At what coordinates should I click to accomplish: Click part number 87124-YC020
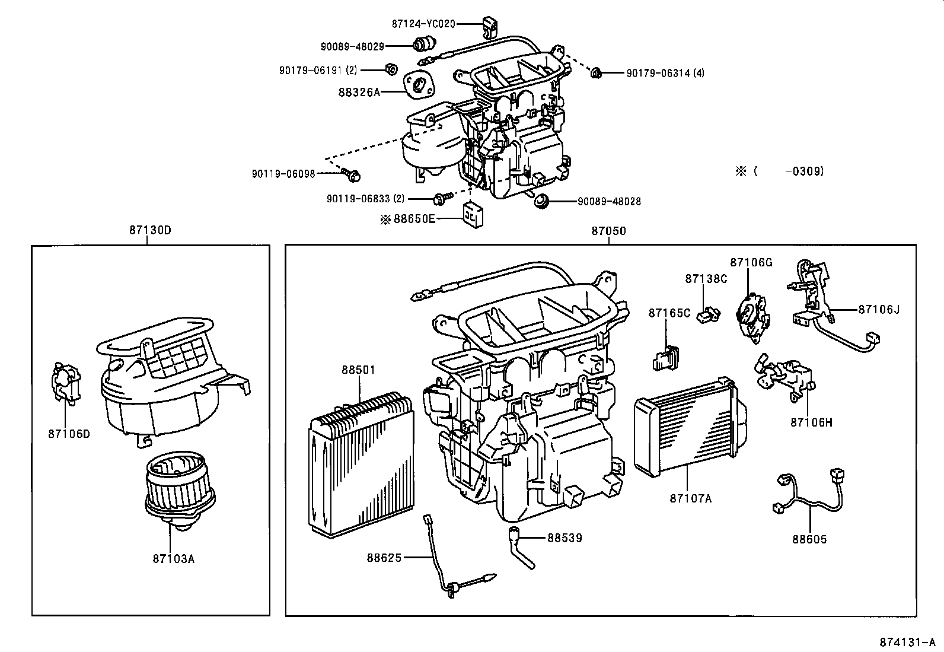[x=423, y=24]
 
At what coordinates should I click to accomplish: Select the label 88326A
[x=359, y=92]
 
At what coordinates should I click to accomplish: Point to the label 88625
[x=384, y=558]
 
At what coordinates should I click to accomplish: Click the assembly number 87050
[x=608, y=231]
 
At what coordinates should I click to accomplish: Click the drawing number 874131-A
[x=907, y=643]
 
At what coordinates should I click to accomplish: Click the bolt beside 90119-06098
[x=353, y=174]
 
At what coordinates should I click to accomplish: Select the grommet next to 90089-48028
[x=541, y=201]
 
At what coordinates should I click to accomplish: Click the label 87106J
[x=878, y=309]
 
